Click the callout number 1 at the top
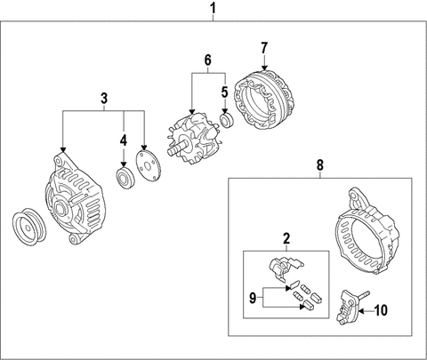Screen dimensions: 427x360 [x=213, y=9]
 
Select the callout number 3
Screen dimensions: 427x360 [x=104, y=99]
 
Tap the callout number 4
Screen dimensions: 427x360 [x=124, y=140]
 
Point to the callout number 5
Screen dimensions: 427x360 [x=225, y=92]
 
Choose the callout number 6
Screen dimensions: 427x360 [x=208, y=60]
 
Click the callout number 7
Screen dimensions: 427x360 [x=264, y=48]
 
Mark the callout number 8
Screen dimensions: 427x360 [x=320, y=165]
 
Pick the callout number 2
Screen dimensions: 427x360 [x=286, y=239]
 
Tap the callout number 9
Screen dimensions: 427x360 [x=253, y=298]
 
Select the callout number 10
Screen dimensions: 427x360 [x=381, y=310]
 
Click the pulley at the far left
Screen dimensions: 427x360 [x=29, y=227]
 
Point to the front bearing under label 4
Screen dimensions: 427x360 [x=125, y=178]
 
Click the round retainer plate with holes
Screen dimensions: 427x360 [x=148, y=165]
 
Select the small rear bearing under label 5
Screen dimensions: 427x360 [x=227, y=121]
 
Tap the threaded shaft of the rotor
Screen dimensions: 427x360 [x=177, y=148]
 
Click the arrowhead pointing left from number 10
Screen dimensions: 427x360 [x=361, y=311]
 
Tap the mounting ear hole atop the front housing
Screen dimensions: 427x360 [x=58, y=162]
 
